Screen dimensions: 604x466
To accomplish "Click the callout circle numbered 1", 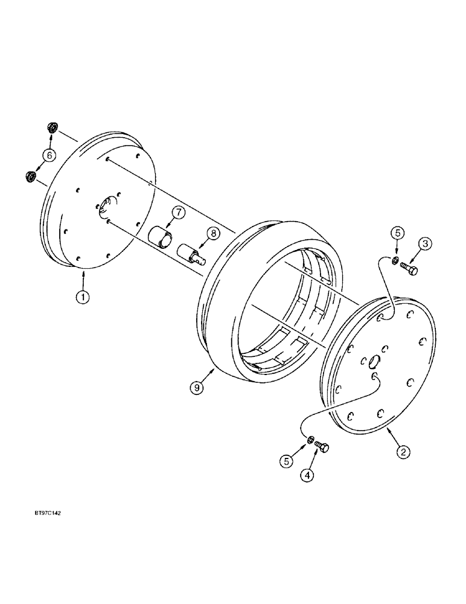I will click(83, 297).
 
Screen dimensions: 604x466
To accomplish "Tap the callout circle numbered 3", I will click(425, 244).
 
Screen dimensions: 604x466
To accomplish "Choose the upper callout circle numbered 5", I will click(396, 233).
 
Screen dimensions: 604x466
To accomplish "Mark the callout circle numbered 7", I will click(176, 212).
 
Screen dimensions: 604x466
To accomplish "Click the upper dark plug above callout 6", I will click(53, 127).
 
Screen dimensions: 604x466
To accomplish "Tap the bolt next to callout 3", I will click(409, 269).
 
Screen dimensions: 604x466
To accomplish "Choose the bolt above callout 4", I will click(322, 447).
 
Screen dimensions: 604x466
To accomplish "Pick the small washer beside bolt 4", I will click(309, 442).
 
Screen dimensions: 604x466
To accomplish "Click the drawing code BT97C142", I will click(44, 513).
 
